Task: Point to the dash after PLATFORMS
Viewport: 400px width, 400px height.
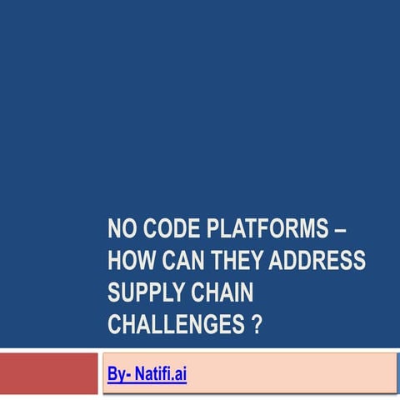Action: (x=343, y=230)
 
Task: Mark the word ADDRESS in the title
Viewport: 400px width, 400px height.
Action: (x=322, y=262)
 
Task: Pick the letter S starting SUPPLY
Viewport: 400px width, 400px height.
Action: (x=113, y=293)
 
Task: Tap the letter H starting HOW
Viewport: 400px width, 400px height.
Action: (x=114, y=262)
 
